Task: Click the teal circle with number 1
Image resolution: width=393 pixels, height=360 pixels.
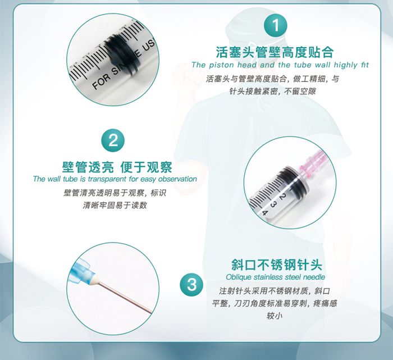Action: click(276, 25)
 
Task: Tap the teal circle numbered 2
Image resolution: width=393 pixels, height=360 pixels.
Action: click(113, 140)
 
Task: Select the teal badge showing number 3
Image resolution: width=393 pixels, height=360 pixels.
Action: click(192, 285)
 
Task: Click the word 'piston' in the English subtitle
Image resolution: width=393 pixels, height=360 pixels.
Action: click(222, 65)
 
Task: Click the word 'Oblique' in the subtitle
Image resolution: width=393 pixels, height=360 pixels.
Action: click(239, 277)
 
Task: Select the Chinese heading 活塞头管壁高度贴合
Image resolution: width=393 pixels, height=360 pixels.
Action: click(275, 52)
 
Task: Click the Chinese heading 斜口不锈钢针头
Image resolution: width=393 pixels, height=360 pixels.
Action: click(277, 265)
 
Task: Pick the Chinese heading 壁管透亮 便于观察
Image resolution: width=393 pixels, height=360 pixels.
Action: click(117, 167)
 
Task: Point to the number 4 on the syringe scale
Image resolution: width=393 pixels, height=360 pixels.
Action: click(264, 213)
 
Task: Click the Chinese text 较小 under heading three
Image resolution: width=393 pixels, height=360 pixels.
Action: click(275, 316)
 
